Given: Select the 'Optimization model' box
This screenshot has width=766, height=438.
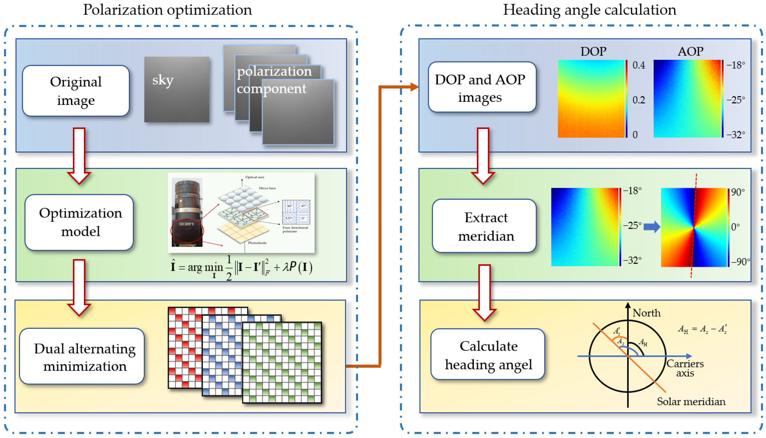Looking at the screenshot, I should [x=79, y=222].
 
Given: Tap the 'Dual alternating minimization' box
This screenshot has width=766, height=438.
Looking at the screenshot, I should [x=82, y=357].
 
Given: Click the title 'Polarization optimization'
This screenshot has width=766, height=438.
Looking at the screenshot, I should [x=167, y=10].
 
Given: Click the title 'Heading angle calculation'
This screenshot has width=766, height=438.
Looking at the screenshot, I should [x=589, y=10].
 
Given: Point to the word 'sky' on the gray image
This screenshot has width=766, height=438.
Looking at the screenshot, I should [x=163, y=80].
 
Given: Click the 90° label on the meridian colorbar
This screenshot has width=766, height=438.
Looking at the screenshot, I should [x=738, y=192].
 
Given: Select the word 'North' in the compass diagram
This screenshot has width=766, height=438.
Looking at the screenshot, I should [x=646, y=313].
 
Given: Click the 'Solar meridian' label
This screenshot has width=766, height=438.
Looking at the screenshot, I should [x=691, y=402].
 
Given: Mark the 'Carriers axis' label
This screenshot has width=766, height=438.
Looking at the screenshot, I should [x=685, y=368].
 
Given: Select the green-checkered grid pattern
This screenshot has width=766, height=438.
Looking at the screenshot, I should [x=282, y=362].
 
